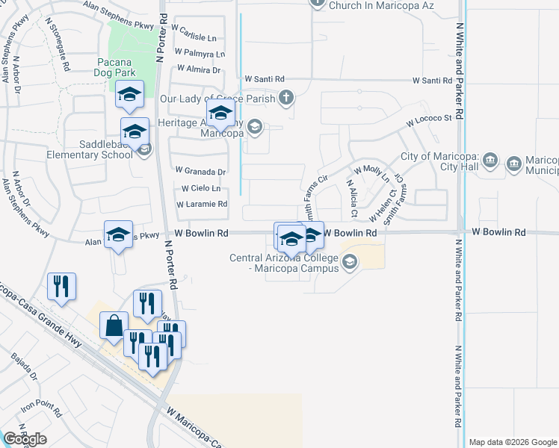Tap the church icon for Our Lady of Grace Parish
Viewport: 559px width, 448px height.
(x=285, y=97)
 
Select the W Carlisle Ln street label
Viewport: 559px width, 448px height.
(x=194, y=37)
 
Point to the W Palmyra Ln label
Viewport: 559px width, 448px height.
(x=200, y=54)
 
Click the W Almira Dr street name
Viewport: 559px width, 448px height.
(x=197, y=70)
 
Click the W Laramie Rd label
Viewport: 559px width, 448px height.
(x=202, y=204)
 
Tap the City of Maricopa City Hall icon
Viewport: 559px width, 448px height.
(x=490, y=161)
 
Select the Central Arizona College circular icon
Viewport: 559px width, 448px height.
(x=350, y=261)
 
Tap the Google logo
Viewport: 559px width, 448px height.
(x=25, y=439)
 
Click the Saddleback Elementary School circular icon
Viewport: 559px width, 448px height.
(x=144, y=149)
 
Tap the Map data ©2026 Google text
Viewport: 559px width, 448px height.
(x=512, y=442)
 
